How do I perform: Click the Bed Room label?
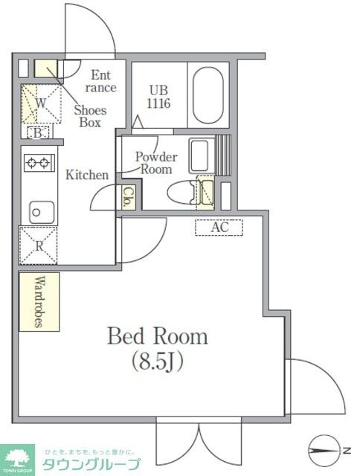click(x=158, y=336)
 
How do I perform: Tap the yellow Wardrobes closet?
click(x=39, y=301)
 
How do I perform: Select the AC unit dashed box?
click(x=219, y=228)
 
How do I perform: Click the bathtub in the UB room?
click(x=208, y=94)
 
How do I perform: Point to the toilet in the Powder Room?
click(x=181, y=192)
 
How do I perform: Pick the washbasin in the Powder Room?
click(x=199, y=155)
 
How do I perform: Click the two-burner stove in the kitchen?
click(x=39, y=163)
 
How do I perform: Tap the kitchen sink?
click(x=42, y=213)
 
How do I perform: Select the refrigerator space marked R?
click(x=38, y=245)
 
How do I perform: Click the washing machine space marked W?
click(x=41, y=103)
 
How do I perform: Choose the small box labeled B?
click(x=38, y=133)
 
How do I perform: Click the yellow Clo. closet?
click(x=129, y=196)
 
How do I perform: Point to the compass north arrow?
click(x=324, y=451)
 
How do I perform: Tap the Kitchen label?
click(x=87, y=175)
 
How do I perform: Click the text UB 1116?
click(x=158, y=97)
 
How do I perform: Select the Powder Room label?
click(x=156, y=163)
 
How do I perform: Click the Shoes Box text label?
click(x=90, y=116)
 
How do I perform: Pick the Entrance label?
click(x=100, y=81)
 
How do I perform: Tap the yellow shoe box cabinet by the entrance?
click(x=45, y=68)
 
